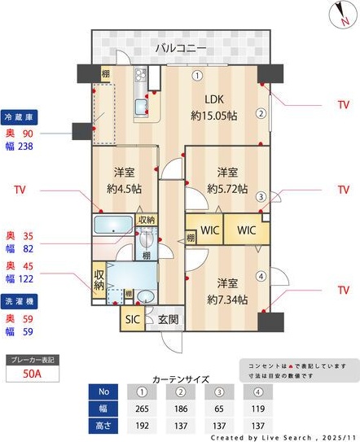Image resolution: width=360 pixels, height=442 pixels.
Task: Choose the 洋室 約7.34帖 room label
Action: tap(226, 291)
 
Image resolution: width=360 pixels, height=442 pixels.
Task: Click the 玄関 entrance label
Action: tap(168, 319)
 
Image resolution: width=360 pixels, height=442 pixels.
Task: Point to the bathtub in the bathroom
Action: tap(112, 225)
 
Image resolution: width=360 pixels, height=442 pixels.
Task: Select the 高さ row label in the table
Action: tap(103, 426)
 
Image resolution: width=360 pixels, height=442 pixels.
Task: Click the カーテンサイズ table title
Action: tap(181, 379)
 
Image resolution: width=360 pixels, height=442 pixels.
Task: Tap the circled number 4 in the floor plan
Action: tap(261, 275)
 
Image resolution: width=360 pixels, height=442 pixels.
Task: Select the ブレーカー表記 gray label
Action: tap(34, 359)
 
